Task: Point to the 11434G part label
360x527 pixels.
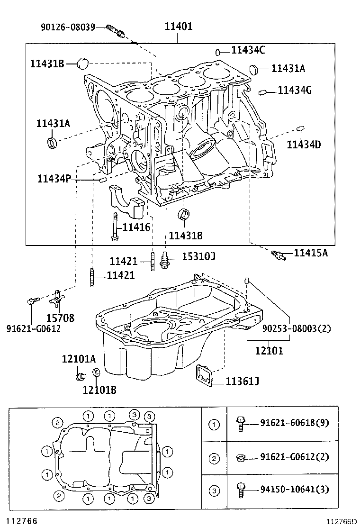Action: pos(294,90)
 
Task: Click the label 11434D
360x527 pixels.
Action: pos(304,145)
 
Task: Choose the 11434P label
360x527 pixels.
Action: pos(54,179)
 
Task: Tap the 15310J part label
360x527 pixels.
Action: pos(192,256)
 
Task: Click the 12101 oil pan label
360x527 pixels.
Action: pos(269,351)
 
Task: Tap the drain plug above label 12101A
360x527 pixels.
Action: pos(80,376)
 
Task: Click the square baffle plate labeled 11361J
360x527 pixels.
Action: pos(205,375)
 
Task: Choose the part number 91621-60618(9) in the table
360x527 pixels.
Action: pos(293,423)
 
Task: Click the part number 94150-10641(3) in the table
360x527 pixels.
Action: pos(293,490)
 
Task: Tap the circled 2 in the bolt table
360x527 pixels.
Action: pos(214,458)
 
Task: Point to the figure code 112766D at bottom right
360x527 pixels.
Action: pos(340,522)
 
